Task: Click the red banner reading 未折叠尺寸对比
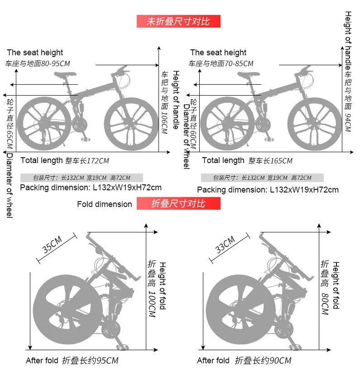point(178,21)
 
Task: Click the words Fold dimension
point(104,204)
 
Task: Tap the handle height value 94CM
point(348,123)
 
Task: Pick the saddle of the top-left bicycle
point(62,76)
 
